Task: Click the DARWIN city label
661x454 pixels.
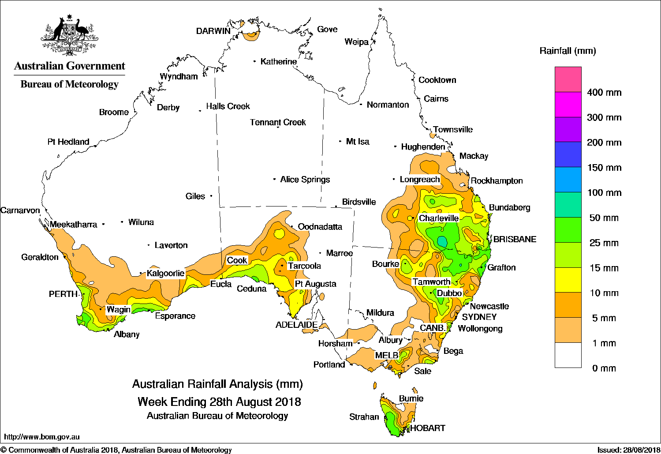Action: [213, 31]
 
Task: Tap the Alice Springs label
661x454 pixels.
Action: [305, 179]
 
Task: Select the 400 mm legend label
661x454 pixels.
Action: [604, 93]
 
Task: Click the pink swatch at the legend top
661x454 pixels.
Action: [568, 79]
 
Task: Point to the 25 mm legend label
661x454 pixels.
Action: [604, 243]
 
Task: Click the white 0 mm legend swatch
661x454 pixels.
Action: [568, 355]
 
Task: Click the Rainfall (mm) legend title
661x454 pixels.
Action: [568, 51]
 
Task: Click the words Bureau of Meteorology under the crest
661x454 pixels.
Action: [69, 84]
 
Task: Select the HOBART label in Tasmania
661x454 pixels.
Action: [427, 428]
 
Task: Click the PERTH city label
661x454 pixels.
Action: [63, 294]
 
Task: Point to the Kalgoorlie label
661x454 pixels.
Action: [165, 273]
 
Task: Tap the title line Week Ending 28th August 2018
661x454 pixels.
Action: [219, 402]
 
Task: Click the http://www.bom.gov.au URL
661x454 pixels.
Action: [42, 437]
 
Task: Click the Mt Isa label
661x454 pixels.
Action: [357, 142]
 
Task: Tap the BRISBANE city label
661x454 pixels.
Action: [515, 239]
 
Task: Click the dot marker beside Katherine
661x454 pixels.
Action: [255, 61]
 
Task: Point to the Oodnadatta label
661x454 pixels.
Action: [320, 227]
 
